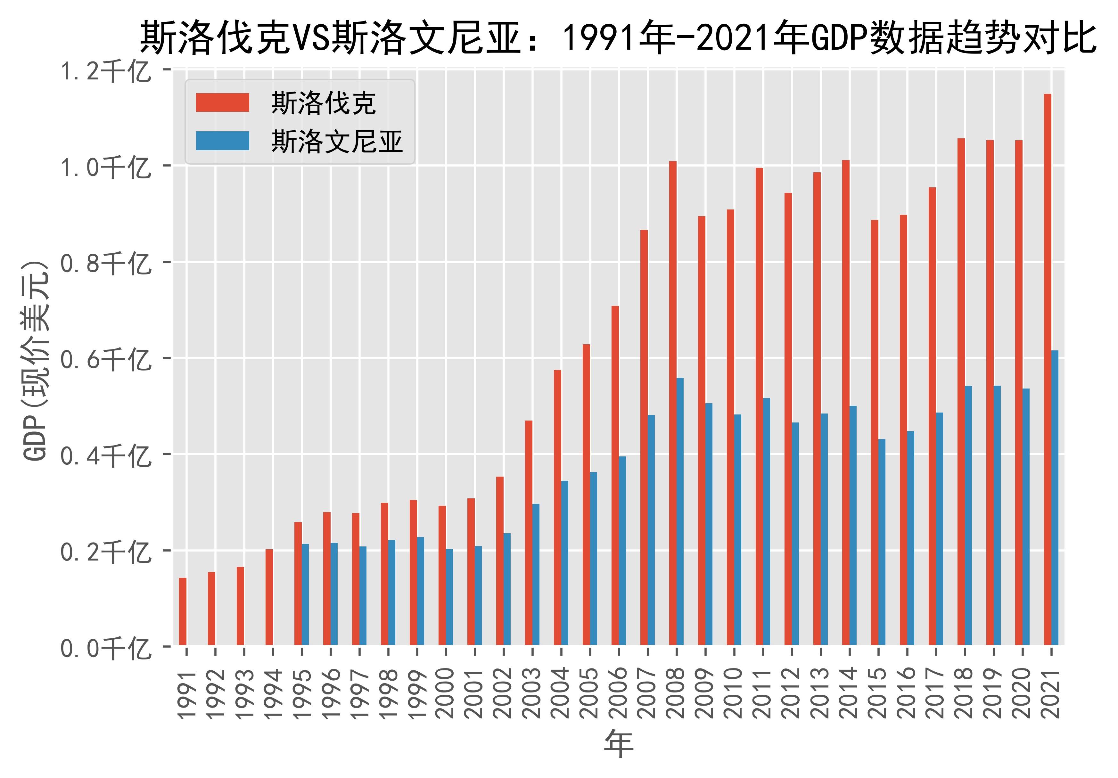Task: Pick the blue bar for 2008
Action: point(680,511)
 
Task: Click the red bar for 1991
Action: point(183,611)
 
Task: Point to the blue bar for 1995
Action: point(305,594)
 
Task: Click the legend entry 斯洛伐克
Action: point(323,103)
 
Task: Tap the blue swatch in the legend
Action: point(223,141)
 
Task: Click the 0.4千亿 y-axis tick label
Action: point(105,456)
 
